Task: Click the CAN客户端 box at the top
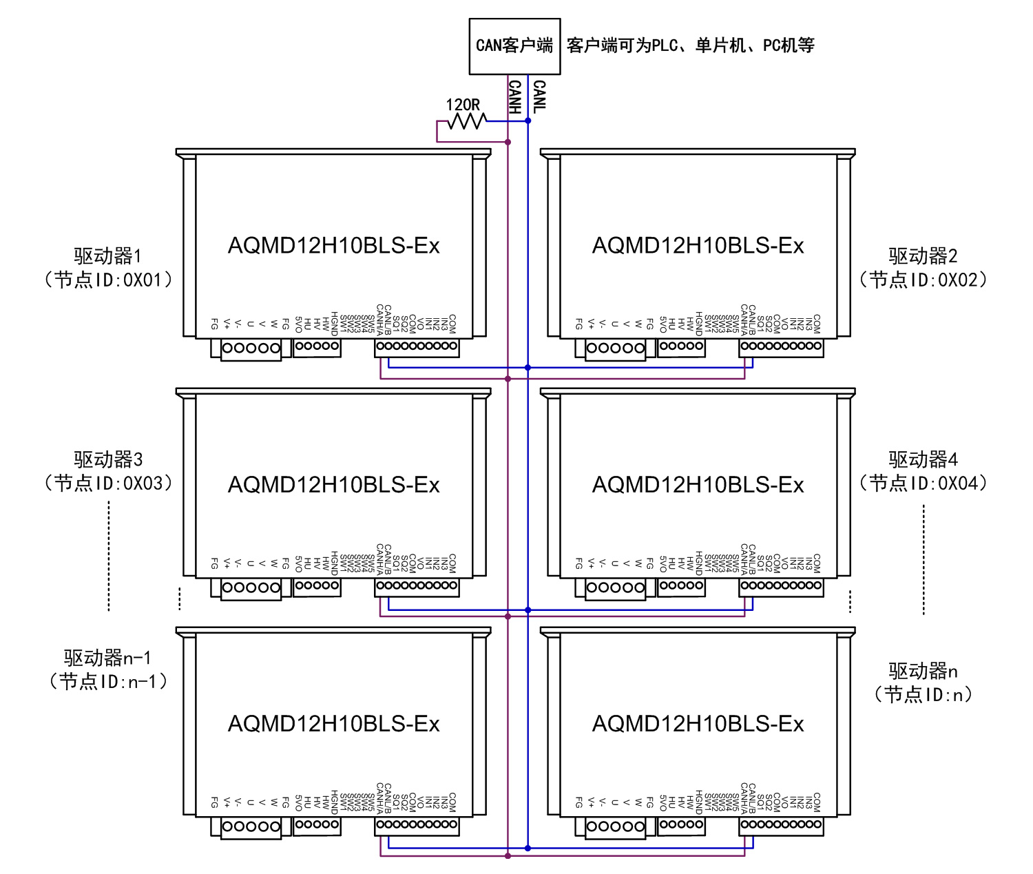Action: [x=514, y=46]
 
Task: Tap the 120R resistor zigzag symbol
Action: [x=467, y=122]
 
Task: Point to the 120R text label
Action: [x=463, y=105]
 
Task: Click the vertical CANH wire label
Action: [x=514, y=96]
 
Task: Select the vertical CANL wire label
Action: [x=539, y=96]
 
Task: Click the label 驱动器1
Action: [x=107, y=256]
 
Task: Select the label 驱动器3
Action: [x=108, y=459]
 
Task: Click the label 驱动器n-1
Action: [x=107, y=658]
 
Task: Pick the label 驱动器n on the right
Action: [x=923, y=671]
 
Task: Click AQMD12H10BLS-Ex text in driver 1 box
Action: [x=333, y=246]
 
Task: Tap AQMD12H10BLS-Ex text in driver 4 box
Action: [x=698, y=485]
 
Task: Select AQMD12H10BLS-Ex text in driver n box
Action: [x=698, y=724]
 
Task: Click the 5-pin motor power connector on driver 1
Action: [x=251, y=348]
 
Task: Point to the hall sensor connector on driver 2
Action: [x=681, y=346]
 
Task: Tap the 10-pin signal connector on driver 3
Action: [x=417, y=586]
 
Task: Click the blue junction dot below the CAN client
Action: [x=528, y=121]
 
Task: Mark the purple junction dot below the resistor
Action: [x=508, y=142]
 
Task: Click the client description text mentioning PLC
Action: [x=690, y=45]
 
